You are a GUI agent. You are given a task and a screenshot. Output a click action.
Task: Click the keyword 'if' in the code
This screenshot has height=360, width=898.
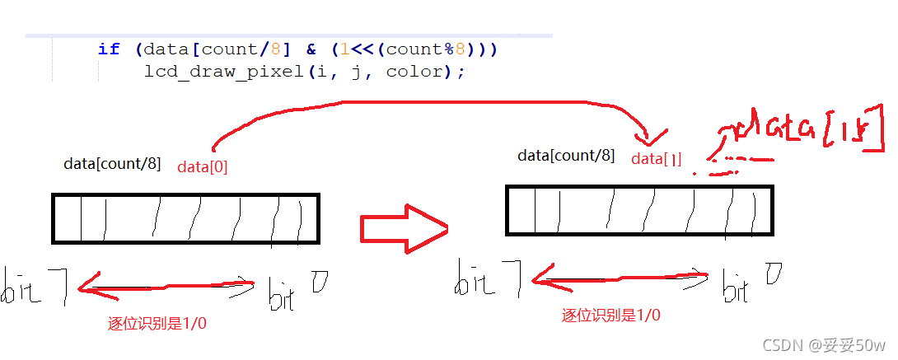(x=109, y=49)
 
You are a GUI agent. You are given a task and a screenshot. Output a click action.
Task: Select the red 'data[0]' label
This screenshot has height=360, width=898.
(x=202, y=166)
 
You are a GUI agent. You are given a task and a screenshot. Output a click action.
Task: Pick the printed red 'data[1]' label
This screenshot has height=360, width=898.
(x=657, y=159)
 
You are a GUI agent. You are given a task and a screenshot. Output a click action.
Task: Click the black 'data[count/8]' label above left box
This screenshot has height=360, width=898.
(x=112, y=163)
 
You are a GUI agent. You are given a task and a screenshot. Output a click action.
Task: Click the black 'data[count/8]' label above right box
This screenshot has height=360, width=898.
(x=566, y=155)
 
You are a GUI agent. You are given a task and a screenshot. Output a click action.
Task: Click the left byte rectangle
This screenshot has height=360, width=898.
(x=185, y=218)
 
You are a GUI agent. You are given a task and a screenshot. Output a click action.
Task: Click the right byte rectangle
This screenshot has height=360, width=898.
(x=639, y=211)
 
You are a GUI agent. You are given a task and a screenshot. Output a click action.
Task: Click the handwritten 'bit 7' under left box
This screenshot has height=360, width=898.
(x=35, y=286)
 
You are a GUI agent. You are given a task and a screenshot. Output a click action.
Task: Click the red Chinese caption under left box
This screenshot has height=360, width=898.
(x=157, y=323)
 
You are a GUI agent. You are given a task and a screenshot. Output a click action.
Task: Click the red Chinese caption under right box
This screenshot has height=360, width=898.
(x=610, y=315)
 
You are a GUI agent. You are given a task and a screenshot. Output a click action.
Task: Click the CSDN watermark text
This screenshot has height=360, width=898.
(x=823, y=344)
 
